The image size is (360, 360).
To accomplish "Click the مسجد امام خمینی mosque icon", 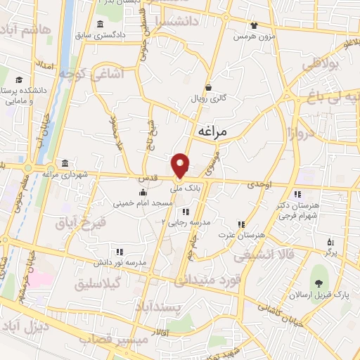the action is coord(143,193).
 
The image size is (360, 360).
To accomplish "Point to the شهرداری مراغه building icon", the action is coord(65,163).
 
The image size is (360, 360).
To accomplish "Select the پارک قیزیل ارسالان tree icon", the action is coord(320,283).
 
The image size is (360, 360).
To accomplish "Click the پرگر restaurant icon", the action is coord(329,243).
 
